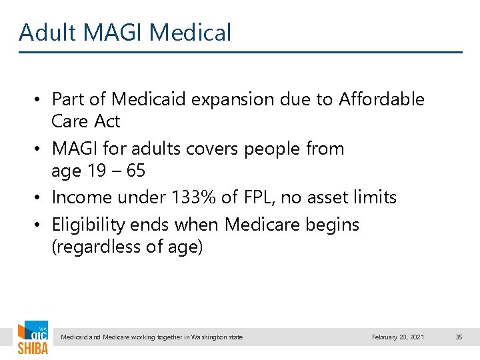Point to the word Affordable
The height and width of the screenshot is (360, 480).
[381, 99]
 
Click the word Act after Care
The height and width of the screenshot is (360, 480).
[107, 121]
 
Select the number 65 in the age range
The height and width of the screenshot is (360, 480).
[135, 171]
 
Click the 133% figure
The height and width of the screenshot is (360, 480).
[194, 197]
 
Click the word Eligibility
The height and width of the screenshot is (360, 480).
[89, 225]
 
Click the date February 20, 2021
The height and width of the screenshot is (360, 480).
[397, 337]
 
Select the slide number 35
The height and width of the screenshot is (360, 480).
[458, 337]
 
